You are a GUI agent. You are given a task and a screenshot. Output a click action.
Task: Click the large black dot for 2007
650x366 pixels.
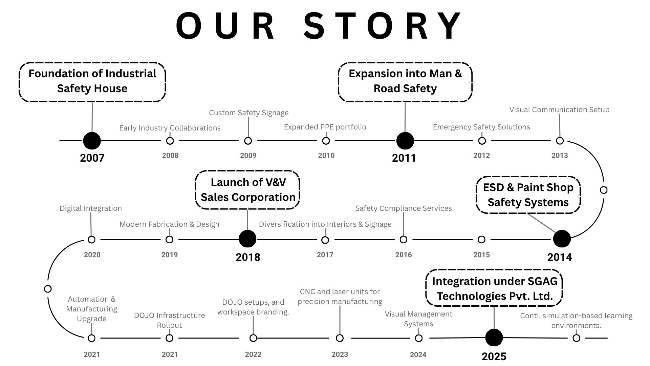pyautogui.click(x=92, y=141)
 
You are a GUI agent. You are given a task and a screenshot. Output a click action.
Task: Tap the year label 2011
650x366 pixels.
pyautogui.click(x=404, y=158)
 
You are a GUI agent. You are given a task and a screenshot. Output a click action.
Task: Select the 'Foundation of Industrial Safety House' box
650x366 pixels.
pyautogui.click(x=92, y=82)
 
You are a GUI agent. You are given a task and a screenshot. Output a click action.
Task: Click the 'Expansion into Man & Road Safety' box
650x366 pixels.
pyautogui.click(x=405, y=82)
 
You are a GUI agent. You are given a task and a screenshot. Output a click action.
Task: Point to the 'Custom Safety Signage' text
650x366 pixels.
pyautogui.click(x=248, y=113)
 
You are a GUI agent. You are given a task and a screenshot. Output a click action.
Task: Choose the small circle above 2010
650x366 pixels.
pyautogui.click(x=326, y=141)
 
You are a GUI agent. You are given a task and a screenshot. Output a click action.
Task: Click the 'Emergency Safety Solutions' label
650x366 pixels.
pyautogui.click(x=481, y=127)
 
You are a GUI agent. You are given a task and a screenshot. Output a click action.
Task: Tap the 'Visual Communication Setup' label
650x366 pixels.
pyautogui.click(x=559, y=110)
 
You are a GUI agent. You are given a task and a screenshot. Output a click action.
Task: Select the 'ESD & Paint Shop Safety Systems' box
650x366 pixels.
pyautogui.click(x=528, y=195)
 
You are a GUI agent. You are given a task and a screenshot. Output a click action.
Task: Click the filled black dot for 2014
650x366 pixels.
pyautogui.click(x=562, y=239)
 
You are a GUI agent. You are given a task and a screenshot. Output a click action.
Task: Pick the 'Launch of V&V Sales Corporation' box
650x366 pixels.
pyautogui.click(x=247, y=190)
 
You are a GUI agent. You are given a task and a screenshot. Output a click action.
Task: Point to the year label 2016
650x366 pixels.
pyautogui.click(x=404, y=255)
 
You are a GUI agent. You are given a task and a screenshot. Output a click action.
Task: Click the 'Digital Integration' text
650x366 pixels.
pyautogui.click(x=91, y=208)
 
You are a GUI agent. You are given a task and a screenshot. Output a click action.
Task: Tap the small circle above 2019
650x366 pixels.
pyautogui.click(x=170, y=240)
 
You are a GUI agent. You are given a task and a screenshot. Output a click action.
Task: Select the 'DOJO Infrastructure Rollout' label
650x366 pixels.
pyautogui.click(x=170, y=320)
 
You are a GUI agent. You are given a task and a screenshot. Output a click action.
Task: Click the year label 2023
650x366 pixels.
pyautogui.click(x=340, y=354)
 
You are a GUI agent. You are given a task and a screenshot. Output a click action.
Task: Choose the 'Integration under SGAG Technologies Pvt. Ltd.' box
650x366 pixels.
pyautogui.click(x=494, y=288)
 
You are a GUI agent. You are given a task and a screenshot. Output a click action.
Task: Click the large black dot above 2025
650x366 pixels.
pyautogui.click(x=494, y=338)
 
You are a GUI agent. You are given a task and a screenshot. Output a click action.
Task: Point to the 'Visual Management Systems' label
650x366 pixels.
pyautogui.click(x=418, y=319)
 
